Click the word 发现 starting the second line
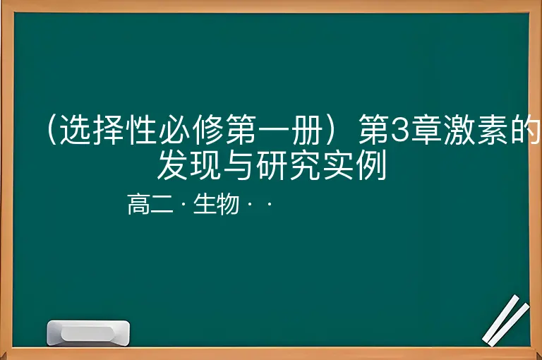click(190, 165)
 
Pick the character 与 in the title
click(239, 165)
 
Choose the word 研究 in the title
click(289, 165)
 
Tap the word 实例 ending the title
click(355, 165)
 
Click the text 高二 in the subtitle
click(150, 205)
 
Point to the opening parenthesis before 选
click(52, 130)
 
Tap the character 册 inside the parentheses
click(307, 130)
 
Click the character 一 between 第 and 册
click(274, 131)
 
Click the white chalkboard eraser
click(88, 332)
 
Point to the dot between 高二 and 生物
click(183, 205)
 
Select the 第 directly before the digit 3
click(374, 131)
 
